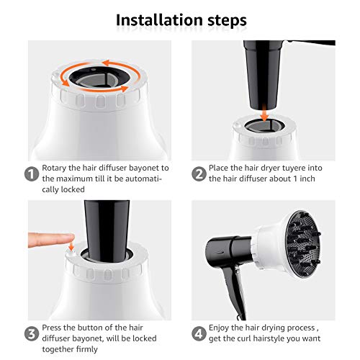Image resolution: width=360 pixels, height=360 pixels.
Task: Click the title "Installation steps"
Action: (179, 18)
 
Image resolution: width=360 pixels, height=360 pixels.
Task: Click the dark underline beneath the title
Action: (179, 34)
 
